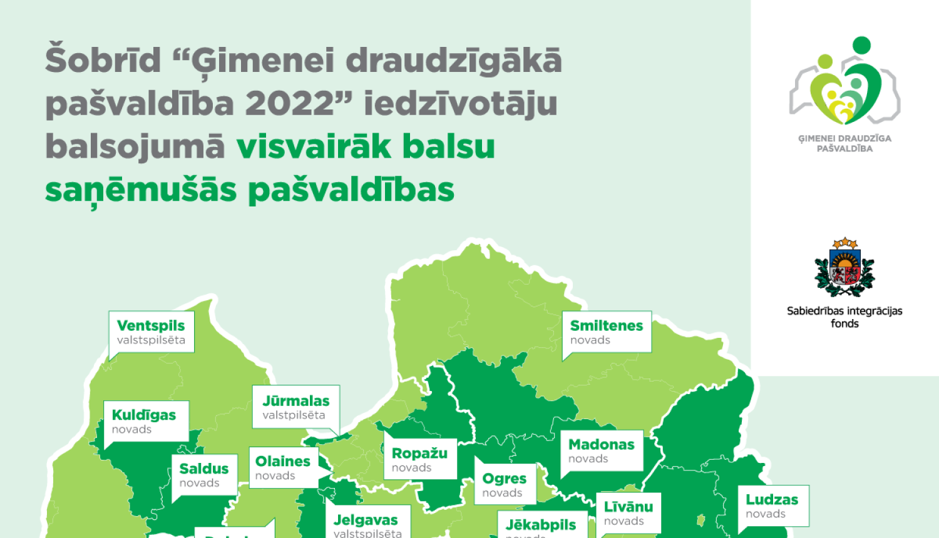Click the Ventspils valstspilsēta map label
coord(151,332)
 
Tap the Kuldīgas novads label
coord(145,421)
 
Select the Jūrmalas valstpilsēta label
coord(295,407)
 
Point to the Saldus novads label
coord(204,474)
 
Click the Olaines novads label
coord(283,467)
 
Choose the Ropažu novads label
coord(419,459)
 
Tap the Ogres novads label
coord(505,484)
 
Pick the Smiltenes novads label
coord(606,332)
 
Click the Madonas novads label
coord(601,450)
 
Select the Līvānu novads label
coord(628,513)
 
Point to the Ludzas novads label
coord(772,505)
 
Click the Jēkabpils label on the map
coord(541,525)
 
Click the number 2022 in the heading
coord(290,104)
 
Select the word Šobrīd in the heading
coord(103,61)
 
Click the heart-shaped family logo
coord(845,81)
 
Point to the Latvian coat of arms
coord(844,268)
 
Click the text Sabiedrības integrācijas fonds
coord(844,317)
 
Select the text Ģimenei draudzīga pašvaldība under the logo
coord(844,143)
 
